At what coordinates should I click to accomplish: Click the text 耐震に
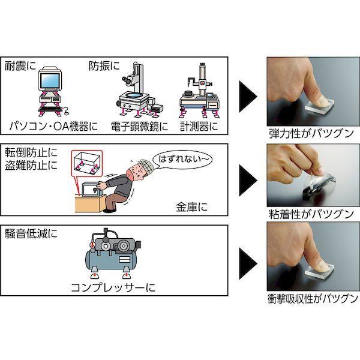(x=21, y=65)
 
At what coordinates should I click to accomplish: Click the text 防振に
(x=105, y=65)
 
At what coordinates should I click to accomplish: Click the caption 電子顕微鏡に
(x=139, y=127)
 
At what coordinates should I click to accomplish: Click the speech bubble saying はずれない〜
(x=181, y=160)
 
